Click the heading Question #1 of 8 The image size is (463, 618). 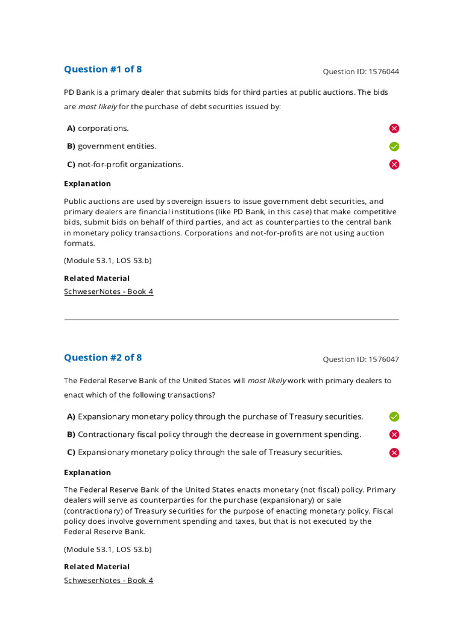point(103,69)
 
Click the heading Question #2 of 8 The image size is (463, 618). point(103,358)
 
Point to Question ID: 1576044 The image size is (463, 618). point(361,72)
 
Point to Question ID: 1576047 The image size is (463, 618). point(361,360)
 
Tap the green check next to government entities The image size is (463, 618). point(394,147)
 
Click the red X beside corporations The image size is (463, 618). point(394,129)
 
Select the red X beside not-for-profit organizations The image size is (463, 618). point(394,165)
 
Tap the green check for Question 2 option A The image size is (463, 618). point(394,416)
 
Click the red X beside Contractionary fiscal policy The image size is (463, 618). point(394,435)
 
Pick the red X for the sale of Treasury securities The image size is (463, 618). point(394,453)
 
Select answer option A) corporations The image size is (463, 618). point(98,129)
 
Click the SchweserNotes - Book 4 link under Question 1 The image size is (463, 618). point(109,292)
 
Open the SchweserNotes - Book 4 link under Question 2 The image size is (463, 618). point(109,581)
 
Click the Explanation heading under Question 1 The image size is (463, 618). point(87,183)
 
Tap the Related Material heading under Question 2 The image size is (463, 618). point(96,567)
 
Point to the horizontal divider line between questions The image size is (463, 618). point(231,319)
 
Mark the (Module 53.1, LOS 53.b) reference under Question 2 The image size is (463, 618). point(108,550)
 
